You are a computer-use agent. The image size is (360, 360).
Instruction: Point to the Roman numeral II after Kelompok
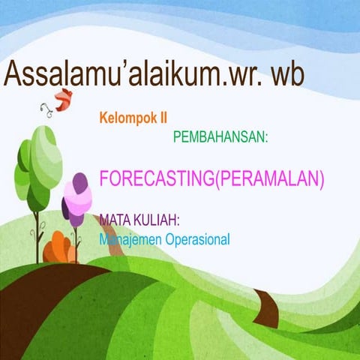(162, 118)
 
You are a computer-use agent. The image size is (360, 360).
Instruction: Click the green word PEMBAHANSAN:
(220, 138)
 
